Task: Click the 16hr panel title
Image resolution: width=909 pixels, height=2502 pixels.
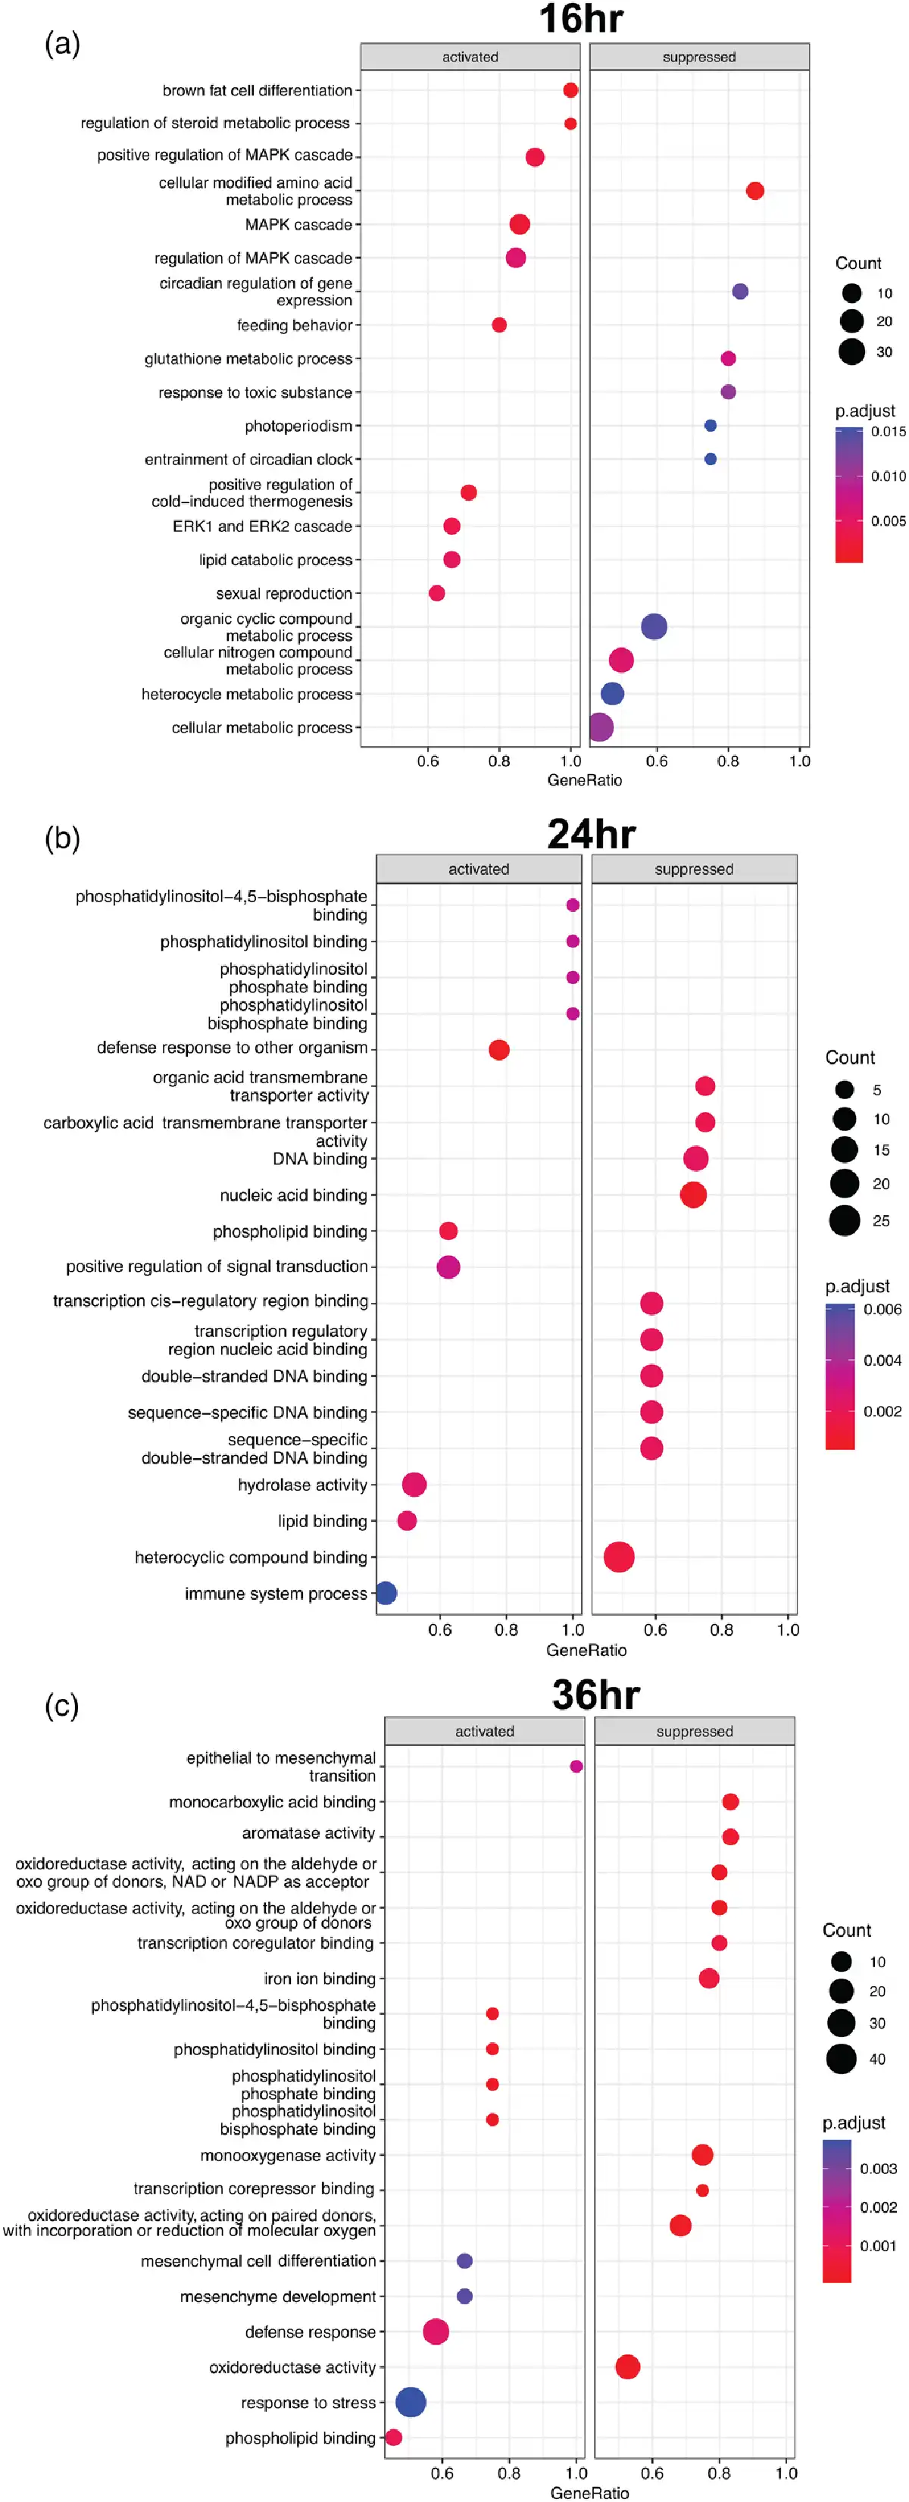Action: coord(581,20)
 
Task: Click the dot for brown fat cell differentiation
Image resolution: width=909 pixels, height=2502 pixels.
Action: coord(571,90)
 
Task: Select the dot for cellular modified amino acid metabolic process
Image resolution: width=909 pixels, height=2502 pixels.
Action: coord(754,190)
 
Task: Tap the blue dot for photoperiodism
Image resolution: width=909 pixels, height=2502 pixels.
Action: coord(710,426)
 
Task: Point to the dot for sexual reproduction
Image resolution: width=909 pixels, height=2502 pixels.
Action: coord(437,593)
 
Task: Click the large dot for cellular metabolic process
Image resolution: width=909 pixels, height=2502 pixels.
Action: coord(601,726)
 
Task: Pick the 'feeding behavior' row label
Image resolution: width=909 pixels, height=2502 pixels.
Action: coord(294,326)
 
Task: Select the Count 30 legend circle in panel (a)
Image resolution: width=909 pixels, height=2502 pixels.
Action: coord(851,351)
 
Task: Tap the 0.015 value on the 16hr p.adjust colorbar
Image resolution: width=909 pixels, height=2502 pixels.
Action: coord(889,431)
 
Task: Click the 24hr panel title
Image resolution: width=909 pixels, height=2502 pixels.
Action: coord(590,833)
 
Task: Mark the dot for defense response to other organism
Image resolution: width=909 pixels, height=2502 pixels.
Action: coord(499,1050)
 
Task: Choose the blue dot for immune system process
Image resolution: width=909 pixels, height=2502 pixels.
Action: coord(386,1593)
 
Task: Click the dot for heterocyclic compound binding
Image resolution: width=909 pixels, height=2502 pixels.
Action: coord(619,1557)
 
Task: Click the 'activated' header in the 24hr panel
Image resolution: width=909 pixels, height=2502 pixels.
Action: coord(479,870)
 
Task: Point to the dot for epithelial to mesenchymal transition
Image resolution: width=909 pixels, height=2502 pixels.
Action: coord(576,1766)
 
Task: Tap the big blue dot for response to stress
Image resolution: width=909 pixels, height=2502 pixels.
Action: coord(411,2401)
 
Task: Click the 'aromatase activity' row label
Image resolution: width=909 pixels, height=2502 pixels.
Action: coord(308,1833)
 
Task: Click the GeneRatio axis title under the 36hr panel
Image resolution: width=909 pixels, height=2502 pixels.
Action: coord(589,2492)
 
